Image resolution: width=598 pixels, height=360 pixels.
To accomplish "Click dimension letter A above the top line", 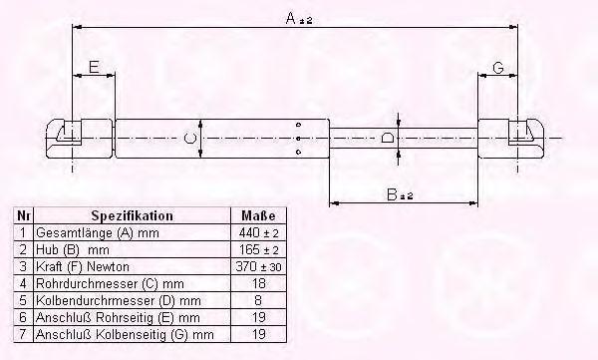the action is [x=291, y=18].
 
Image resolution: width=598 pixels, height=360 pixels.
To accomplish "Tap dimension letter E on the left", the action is [x=94, y=67].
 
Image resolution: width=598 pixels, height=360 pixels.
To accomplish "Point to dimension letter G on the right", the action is [x=498, y=68].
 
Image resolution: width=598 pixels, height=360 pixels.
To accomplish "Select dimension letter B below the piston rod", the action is [x=392, y=194].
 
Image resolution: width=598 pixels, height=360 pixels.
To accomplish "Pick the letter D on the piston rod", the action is [x=388, y=138].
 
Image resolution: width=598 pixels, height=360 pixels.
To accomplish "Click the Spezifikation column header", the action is [x=132, y=216].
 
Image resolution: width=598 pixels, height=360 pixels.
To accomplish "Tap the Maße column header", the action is [x=258, y=216].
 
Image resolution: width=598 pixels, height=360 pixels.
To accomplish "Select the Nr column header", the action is [x=23, y=216].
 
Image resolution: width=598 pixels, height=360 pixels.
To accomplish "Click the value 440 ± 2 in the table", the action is [x=258, y=233].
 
